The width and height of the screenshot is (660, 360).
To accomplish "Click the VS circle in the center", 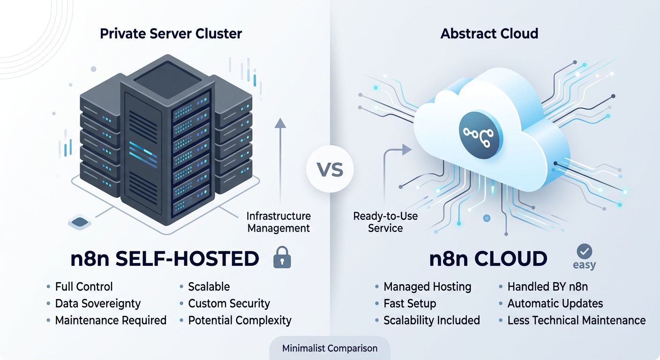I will pyautogui.click(x=330, y=169).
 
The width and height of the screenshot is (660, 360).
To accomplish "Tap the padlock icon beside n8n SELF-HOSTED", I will pyautogui.click(x=282, y=258).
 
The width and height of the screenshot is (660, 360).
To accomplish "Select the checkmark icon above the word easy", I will pyautogui.click(x=584, y=252).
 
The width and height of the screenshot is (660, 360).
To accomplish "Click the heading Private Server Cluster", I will pyautogui.click(x=171, y=34).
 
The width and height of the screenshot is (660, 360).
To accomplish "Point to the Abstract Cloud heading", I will pyautogui.click(x=489, y=34).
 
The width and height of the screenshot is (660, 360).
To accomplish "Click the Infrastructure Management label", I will pyautogui.click(x=278, y=222).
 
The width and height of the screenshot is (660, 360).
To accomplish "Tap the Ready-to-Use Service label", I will pyautogui.click(x=385, y=222).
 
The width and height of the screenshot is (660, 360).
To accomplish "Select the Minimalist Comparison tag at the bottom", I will pyautogui.click(x=330, y=348).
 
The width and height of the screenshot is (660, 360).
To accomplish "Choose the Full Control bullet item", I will pyautogui.click(x=83, y=287).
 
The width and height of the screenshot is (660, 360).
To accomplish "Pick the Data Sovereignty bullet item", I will pyautogui.click(x=97, y=304).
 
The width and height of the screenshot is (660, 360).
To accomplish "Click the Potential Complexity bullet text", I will pyautogui.click(x=240, y=321).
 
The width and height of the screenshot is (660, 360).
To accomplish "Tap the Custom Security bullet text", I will pyautogui.click(x=229, y=304).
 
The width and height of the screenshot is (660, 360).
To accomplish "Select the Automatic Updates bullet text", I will pyautogui.click(x=555, y=304).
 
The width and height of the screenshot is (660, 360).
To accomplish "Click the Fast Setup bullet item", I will pyautogui.click(x=410, y=304).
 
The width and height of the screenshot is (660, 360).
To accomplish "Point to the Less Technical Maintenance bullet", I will pyautogui.click(x=576, y=321).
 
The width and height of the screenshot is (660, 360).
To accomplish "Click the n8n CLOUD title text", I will pyautogui.click(x=488, y=259).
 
